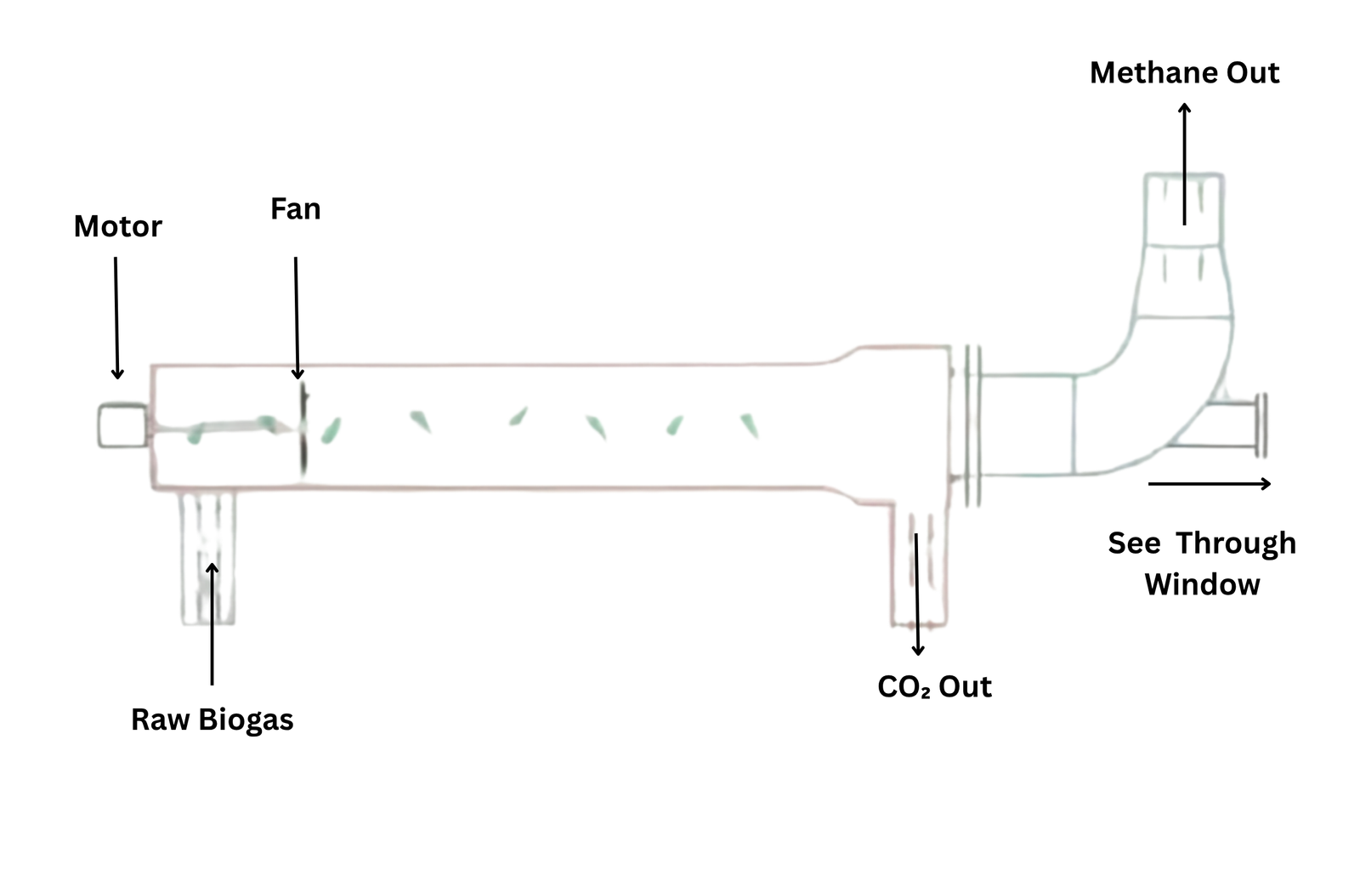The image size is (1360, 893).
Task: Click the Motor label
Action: [117, 226]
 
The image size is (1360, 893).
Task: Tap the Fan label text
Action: [295, 209]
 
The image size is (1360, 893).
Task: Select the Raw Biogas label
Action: [212, 720]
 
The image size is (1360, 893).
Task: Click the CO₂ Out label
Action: [934, 686]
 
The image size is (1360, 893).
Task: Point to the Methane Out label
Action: [1184, 73]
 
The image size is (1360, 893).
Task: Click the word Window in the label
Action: [1202, 584]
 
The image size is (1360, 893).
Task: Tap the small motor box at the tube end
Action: [121, 425]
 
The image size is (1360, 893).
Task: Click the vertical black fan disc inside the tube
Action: [303, 429]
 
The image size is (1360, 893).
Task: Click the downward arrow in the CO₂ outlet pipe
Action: [917, 595]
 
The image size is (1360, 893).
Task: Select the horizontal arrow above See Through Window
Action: [1209, 484]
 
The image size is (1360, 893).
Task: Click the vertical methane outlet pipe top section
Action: [1184, 209]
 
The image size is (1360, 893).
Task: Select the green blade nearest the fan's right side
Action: [330, 430]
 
